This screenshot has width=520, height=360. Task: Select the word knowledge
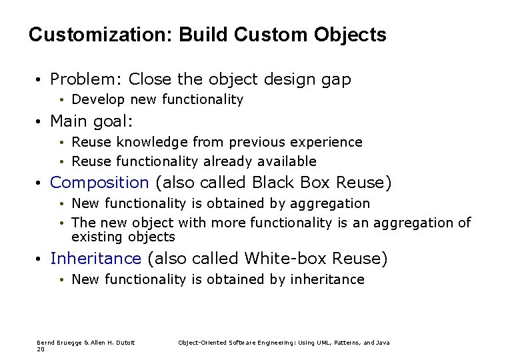pyautogui.click(x=152, y=142)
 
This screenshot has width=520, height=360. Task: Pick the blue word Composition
pyautogui.click(x=99, y=183)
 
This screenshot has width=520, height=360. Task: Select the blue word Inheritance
pyautogui.click(x=95, y=258)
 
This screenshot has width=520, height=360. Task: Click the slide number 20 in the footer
pyautogui.click(x=41, y=349)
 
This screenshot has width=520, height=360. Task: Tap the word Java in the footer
pyautogui.click(x=383, y=343)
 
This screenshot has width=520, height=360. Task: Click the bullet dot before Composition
pyautogui.click(x=41, y=183)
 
